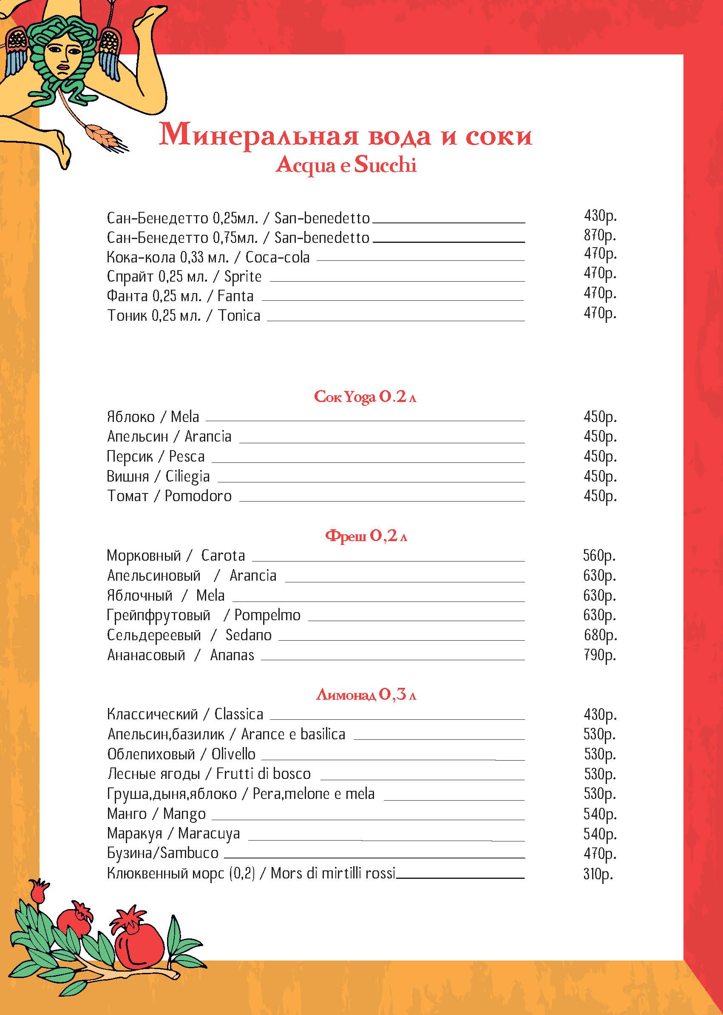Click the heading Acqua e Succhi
[x=346, y=165]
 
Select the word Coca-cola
[x=278, y=257]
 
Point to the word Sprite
[x=243, y=277]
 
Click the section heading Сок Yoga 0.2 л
[x=365, y=396]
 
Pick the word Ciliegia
[x=187, y=476]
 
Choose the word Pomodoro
[x=198, y=496]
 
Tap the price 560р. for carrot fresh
[x=599, y=556]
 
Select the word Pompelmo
[x=267, y=615]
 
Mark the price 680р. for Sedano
[x=600, y=635]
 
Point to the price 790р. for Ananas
[x=600, y=655]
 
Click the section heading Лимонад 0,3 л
[x=366, y=695]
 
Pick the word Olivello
[x=233, y=754]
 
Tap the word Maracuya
[x=209, y=833]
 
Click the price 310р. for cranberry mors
[x=598, y=874]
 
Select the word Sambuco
[x=189, y=853]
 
